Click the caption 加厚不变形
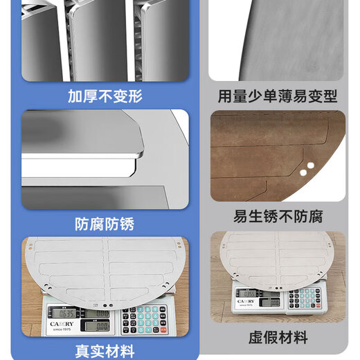(x=105, y=96)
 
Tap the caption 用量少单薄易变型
(x=277, y=96)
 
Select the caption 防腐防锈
(x=105, y=224)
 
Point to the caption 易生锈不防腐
(x=277, y=215)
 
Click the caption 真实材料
(x=105, y=350)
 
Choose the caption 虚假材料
(x=277, y=339)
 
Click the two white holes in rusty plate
(x=307, y=166)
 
